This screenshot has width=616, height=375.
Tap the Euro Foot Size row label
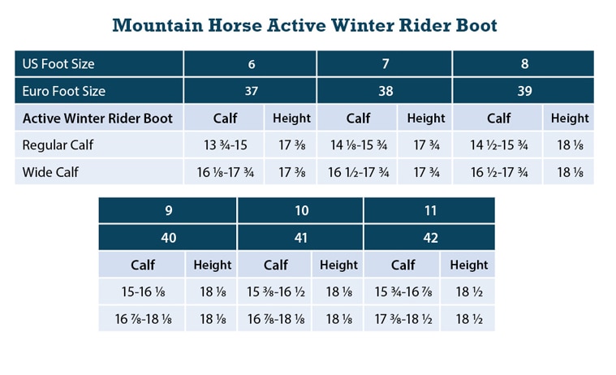[64, 91]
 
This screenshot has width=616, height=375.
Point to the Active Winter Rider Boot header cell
[97, 118]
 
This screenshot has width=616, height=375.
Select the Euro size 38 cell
[386, 91]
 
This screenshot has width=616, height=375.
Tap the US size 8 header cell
[524, 63]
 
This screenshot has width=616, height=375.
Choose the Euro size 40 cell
[168, 238]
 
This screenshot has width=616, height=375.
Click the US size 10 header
[301, 211]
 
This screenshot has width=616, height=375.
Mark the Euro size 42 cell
[429, 238]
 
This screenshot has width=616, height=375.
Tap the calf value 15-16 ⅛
[143, 291]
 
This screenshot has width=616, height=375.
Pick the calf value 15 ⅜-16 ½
[276, 291]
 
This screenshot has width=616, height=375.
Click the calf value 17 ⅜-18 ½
[403, 317]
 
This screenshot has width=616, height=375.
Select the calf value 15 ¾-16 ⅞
[403, 291]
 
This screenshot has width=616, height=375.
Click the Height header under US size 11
[468, 265]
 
